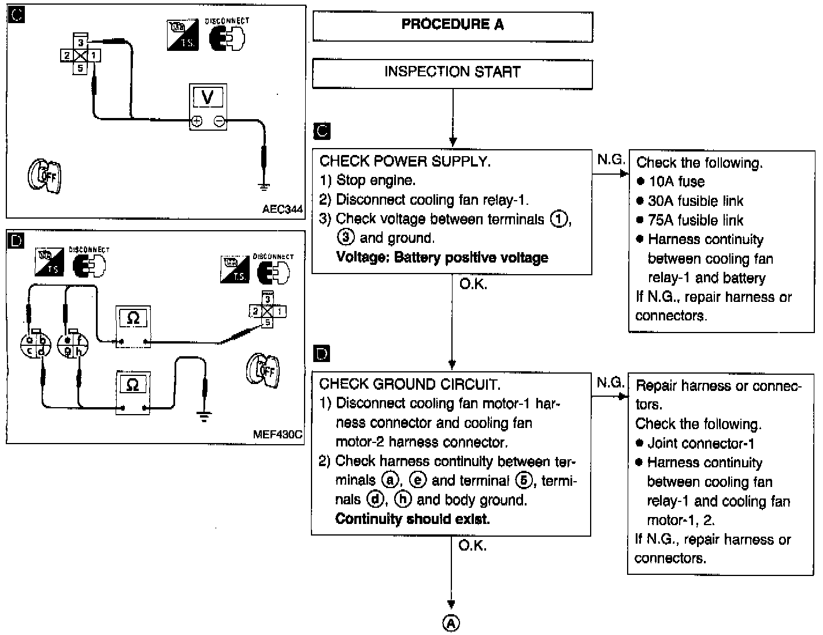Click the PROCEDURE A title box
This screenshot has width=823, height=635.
(453, 25)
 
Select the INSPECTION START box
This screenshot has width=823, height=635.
(453, 72)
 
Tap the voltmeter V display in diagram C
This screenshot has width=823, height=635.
(207, 97)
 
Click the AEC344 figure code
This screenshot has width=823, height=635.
(282, 209)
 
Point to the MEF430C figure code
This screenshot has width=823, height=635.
(279, 434)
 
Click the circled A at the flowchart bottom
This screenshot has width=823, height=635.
(451, 623)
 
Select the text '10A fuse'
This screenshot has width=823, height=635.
(676, 182)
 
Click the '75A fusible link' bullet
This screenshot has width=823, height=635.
(695, 220)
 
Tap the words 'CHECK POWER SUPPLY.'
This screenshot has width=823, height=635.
(405, 161)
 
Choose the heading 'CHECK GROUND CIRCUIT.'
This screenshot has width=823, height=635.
(410, 384)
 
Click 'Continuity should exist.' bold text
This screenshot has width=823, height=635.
(412, 519)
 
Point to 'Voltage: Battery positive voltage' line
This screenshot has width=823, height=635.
(442, 257)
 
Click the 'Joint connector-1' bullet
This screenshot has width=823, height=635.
(700, 444)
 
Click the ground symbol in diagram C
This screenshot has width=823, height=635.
(264, 186)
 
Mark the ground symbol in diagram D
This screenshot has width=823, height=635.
(203, 416)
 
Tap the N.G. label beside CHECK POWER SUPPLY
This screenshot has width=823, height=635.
(610, 160)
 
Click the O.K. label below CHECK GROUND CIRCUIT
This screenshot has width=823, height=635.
(473, 545)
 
